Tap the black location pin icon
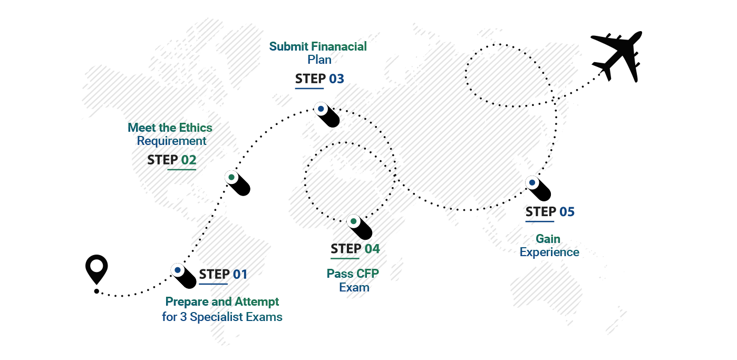coord(96,269)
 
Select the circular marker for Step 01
coord(178,270)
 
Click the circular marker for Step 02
coord(231,177)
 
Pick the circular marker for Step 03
coord(321,109)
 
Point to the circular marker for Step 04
coord(353,221)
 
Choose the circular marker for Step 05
coord(532,183)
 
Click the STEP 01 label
coord(223,274)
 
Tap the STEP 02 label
coord(171,160)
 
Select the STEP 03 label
coord(319,79)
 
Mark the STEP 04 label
coord(355,248)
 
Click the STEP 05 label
coord(550,212)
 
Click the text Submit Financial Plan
coord(318,53)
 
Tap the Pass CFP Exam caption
coord(353,280)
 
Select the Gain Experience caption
coord(549,246)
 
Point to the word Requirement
coord(171,141)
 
